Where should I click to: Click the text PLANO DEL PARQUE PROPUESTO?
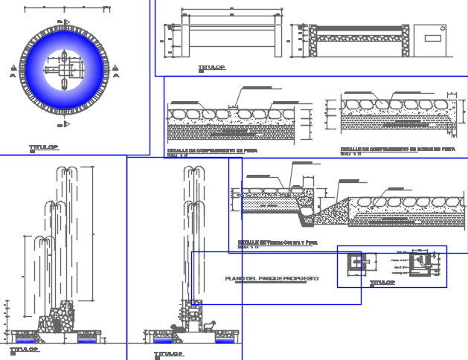272,278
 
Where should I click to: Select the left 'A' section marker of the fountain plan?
13,72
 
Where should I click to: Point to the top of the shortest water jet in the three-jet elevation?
44,240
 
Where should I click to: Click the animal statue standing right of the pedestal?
211,325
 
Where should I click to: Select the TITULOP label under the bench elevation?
211,68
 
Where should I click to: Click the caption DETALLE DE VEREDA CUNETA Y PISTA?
278,242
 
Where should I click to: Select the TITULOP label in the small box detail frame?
382,283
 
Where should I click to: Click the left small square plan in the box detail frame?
356,262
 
